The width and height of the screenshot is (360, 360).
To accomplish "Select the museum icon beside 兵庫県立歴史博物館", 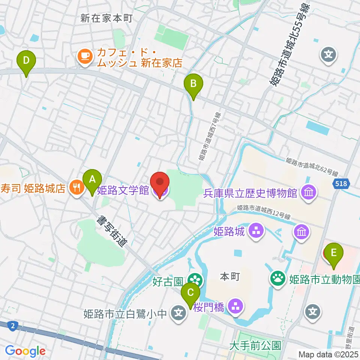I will click(309, 193).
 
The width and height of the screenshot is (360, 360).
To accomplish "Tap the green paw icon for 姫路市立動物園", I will click(278, 278).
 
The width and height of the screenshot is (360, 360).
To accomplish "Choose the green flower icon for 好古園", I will click(195, 279).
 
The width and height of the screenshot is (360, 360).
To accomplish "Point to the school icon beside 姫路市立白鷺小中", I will click(179, 312).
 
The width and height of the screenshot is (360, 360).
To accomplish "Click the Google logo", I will click(25, 351).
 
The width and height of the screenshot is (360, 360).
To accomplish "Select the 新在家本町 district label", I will click(106, 18).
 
